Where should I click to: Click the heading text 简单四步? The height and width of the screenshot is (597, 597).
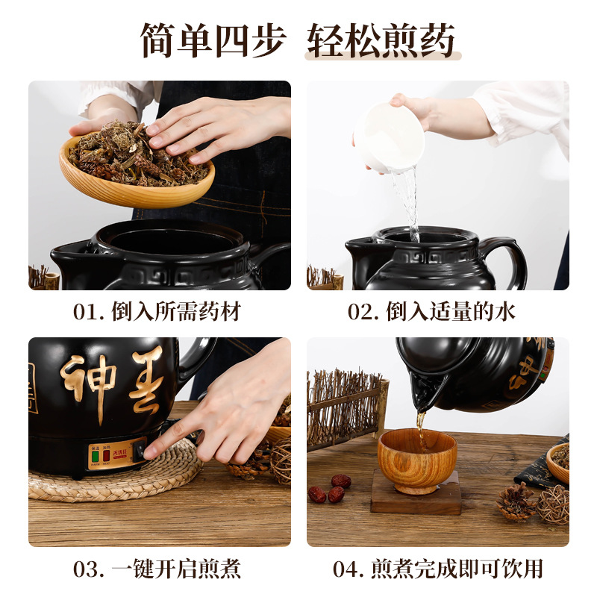(x=214, y=40)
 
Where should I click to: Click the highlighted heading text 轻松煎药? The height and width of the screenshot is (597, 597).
(x=382, y=40)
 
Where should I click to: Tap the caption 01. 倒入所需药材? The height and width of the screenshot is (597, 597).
(x=157, y=312)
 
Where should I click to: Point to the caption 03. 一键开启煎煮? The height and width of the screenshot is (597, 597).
(x=157, y=569)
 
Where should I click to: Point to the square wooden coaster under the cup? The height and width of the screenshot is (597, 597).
(x=416, y=501)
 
